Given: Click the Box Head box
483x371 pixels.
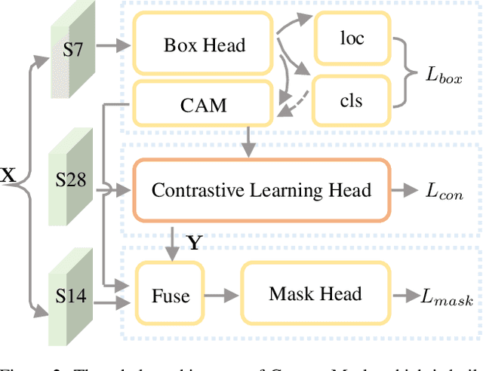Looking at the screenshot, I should pos(205,45).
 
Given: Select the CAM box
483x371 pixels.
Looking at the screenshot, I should pos(205,103).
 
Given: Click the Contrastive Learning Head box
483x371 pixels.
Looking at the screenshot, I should pos(261,189).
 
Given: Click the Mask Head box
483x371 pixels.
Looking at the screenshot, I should pos(315,293).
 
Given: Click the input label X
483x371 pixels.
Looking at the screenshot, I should pos(8,176).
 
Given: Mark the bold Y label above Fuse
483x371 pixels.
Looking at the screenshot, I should pos(195,243).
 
